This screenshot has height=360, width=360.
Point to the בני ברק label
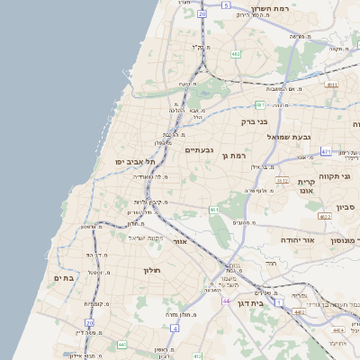click(x=256, y=121)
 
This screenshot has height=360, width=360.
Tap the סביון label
click(x=346, y=208)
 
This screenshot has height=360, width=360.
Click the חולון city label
click(x=150, y=270)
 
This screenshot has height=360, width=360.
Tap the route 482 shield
click(x=235, y=54)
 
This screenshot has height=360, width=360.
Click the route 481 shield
click(x=259, y=104)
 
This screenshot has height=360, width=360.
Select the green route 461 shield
click(x=213, y=210)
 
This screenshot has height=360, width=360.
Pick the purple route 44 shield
click(x=226, y=301)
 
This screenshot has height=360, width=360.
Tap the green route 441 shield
click(x=121, y=344)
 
